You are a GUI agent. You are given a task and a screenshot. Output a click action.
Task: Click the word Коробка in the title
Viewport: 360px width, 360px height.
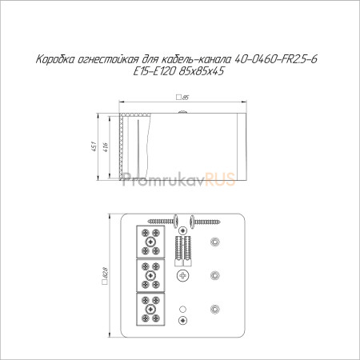(55, 59)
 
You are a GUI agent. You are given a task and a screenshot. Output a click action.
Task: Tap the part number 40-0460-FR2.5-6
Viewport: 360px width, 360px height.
(276, 59)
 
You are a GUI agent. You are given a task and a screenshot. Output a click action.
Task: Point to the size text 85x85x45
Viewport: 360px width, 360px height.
(202, 71)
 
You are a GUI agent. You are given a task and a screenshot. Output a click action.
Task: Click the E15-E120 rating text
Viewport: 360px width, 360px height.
(154, 71)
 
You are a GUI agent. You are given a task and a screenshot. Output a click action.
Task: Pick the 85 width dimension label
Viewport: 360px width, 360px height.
(185, 98)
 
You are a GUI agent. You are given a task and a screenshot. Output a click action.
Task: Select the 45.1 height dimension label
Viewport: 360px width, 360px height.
(94, 146)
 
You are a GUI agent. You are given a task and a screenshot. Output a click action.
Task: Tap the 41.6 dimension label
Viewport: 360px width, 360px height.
(106, 147)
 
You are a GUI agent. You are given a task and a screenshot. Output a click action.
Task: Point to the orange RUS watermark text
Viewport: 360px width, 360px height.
(220, 179)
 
